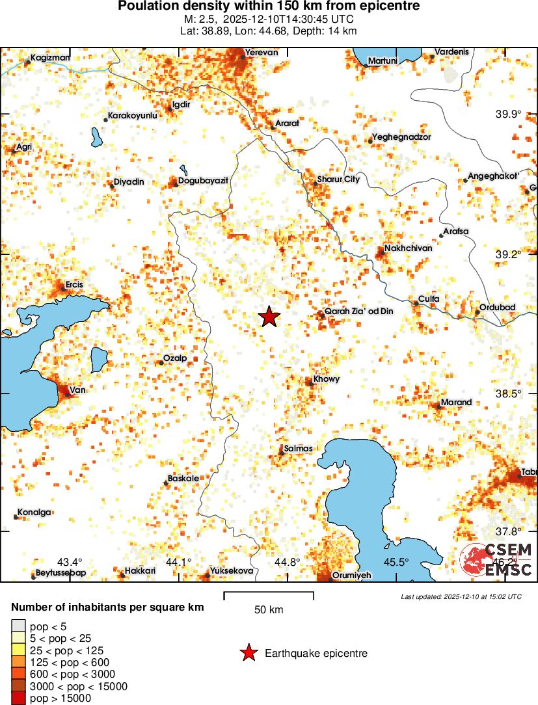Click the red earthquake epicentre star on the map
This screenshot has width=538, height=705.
point(269,317)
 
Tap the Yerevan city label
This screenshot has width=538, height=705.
point(261,53)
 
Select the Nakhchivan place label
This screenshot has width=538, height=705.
point(408,248)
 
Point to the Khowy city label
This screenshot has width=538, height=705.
point(327,379)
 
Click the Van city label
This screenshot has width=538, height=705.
point(77,390)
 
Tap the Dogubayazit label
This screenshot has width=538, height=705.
point(203,180)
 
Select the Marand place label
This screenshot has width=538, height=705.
point(456,403)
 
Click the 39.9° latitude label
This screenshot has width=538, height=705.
point(509,114)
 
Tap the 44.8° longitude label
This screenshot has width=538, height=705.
point(287,562)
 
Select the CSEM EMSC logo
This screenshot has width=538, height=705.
point(497,560)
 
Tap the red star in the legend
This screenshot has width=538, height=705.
point(249,654)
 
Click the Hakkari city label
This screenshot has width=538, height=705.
point(140,571)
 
